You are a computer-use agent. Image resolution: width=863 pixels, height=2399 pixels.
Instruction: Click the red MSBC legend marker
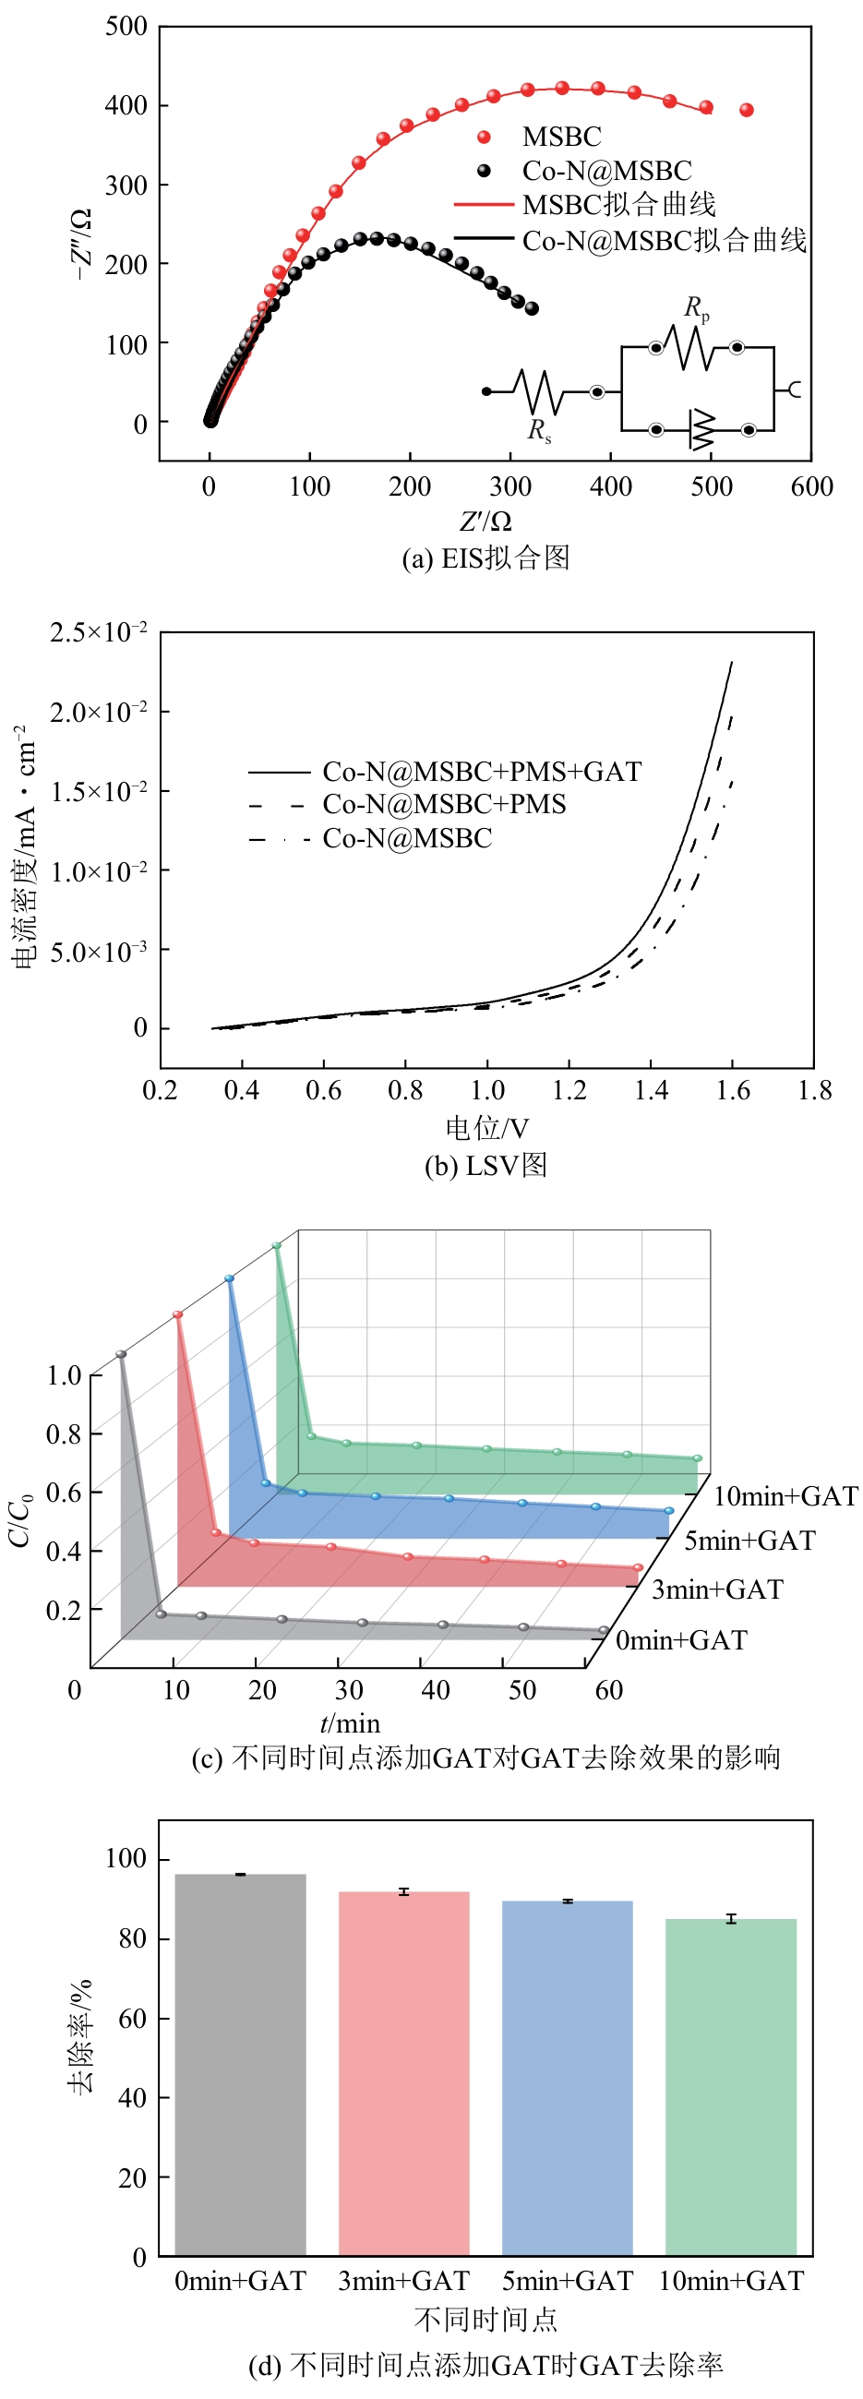click(x=483, y=137)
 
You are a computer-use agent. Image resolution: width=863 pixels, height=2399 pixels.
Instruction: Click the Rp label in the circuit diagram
click(x=696, y=307)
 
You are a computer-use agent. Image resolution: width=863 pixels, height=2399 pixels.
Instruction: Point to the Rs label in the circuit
click(x=539, y=429)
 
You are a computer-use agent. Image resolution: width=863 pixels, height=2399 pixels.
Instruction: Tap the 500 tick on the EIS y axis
click(x=126, y=26)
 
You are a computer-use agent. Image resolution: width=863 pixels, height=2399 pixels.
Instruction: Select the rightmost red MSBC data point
click(x=746, y=110)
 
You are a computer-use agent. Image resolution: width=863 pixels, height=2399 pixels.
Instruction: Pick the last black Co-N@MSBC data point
click(x=532, y=308)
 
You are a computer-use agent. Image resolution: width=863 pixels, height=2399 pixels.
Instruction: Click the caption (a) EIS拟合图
click(x=485, y=558)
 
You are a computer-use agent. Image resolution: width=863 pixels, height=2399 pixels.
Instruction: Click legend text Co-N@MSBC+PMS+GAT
click(x=481, y=771)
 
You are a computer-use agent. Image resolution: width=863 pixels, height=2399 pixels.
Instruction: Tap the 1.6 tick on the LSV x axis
click(x=733, y=1089)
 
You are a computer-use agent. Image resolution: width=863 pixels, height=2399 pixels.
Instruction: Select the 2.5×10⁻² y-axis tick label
click(x=99, y=632)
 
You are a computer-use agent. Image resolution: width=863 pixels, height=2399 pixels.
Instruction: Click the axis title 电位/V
click(x=486, y=1128)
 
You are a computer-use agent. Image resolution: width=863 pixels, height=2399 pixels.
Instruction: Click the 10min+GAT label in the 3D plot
click(x=785, y=1496)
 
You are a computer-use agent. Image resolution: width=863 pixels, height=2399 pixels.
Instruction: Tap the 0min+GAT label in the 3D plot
click(x=681, y=1640)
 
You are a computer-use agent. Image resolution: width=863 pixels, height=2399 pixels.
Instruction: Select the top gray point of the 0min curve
click(x=121, y=1354)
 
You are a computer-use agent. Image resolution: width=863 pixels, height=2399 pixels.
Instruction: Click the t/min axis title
click(x=350, y=1724)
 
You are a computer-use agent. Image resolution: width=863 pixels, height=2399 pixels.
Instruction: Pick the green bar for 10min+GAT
click(x=731, y=2086)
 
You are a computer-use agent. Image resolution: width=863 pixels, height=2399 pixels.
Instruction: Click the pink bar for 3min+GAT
click(x=404, y=2072)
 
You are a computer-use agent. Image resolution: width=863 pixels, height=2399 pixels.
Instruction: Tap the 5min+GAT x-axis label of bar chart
click(x=567, y=2281)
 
